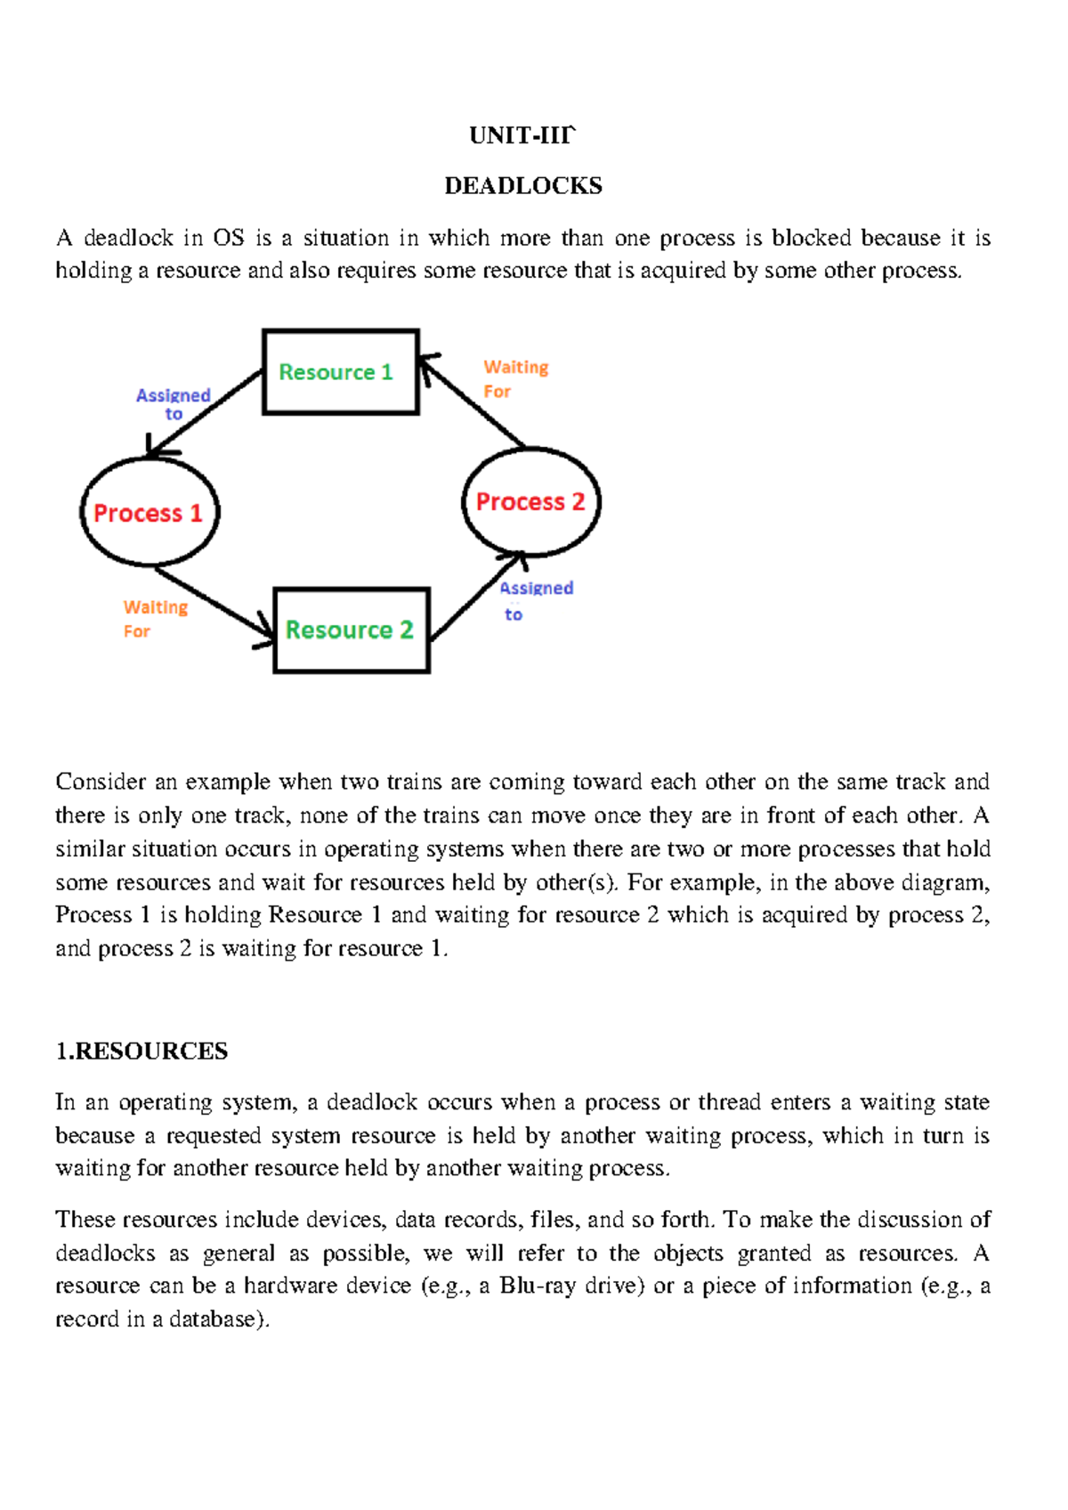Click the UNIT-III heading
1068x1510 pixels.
(522, 135)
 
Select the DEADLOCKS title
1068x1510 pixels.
(523, 185)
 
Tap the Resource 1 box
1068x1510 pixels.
(340, 372)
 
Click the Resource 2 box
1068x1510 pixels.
(351, 630)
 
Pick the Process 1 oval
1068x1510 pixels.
(149, 513)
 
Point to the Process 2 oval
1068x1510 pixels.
(530, 502)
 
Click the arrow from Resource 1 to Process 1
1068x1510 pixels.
(205, 413)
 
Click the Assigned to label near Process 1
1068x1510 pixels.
(173, 403)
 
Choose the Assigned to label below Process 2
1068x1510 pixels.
(535, 600)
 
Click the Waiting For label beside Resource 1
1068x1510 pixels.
(514, 378)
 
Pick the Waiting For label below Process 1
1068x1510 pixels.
(154, 618)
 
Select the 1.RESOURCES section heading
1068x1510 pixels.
(142, 1051)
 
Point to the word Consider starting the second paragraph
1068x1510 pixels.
(100, 782)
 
